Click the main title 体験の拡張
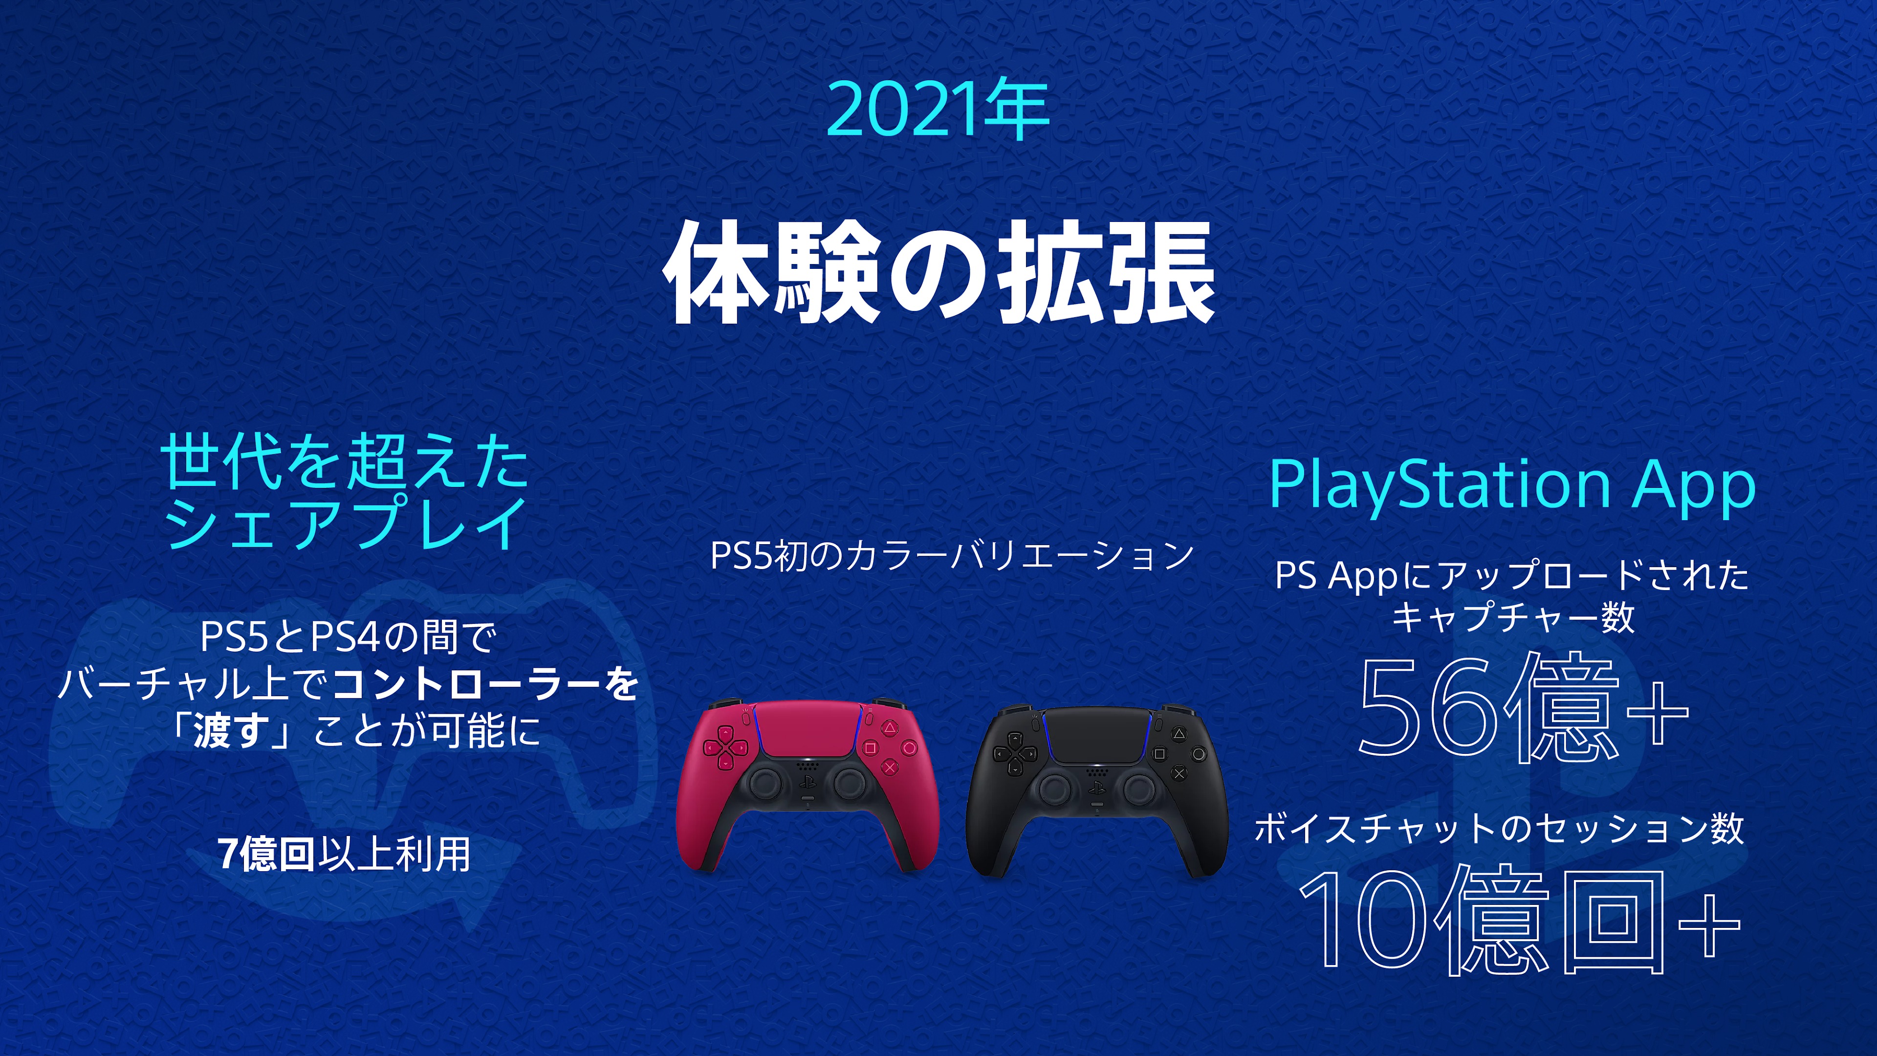tap(938, 273)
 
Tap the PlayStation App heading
tap(1512, 484)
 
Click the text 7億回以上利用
tap(344, 854)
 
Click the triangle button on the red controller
tap(890, 727)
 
